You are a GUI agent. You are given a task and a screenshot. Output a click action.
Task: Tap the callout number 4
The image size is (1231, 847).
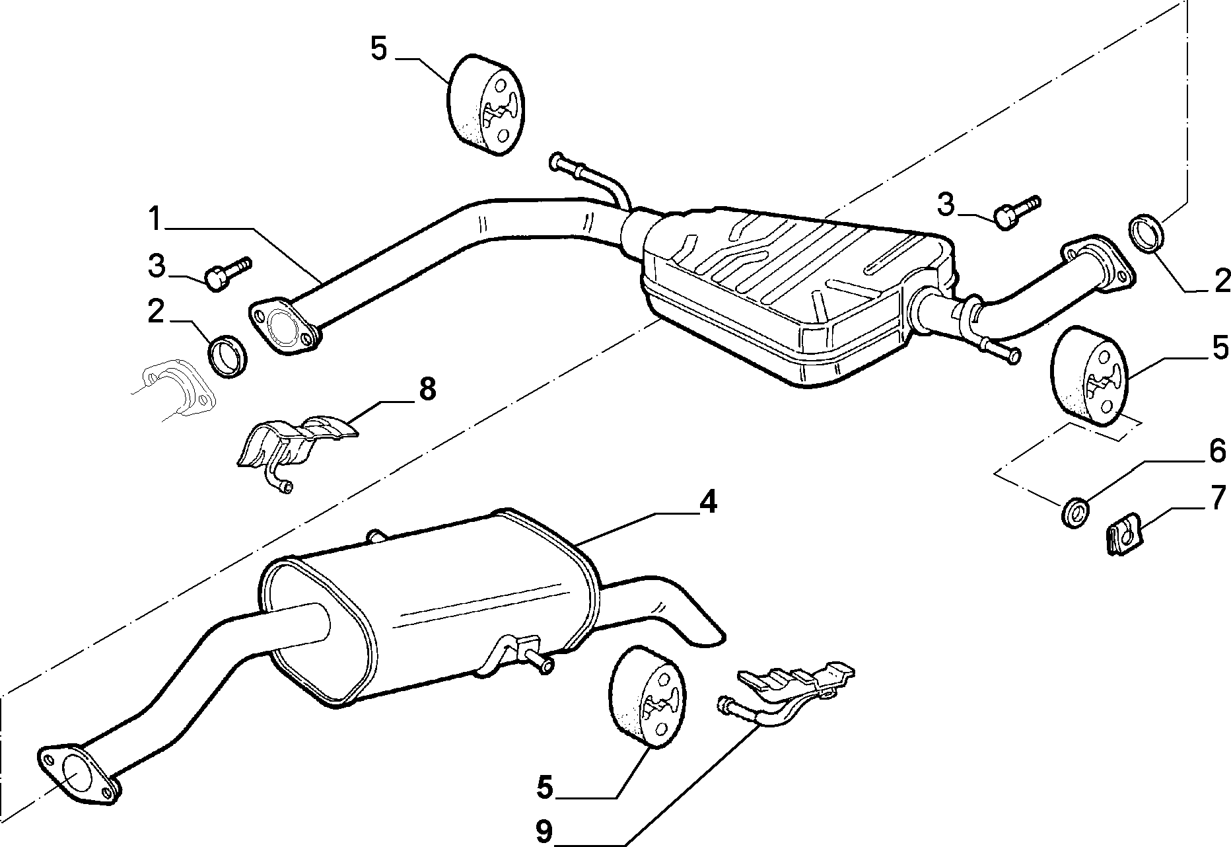click(707, 503)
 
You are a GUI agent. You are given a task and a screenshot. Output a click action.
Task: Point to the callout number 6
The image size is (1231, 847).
click(1216, 451)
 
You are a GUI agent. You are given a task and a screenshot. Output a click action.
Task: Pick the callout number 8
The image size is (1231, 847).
click(427, 389)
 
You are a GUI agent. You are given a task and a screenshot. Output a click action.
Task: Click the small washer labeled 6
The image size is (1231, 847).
click(1075, 513)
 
